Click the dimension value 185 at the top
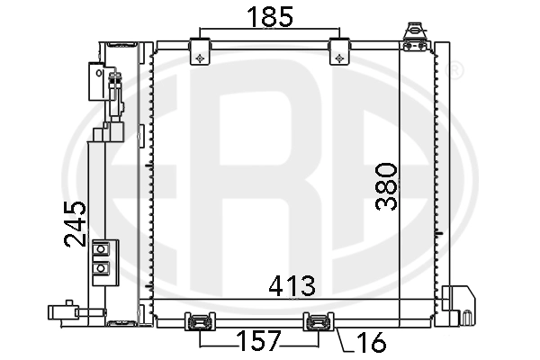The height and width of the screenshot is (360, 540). coord(269,16)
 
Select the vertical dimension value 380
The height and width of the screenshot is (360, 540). coord(384,185)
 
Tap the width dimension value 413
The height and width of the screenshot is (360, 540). coord(292,286)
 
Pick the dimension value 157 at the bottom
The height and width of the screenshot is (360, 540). coord(259,341)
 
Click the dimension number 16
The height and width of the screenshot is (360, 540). coord(370,342)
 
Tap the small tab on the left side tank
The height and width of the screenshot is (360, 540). coord(141,137)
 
